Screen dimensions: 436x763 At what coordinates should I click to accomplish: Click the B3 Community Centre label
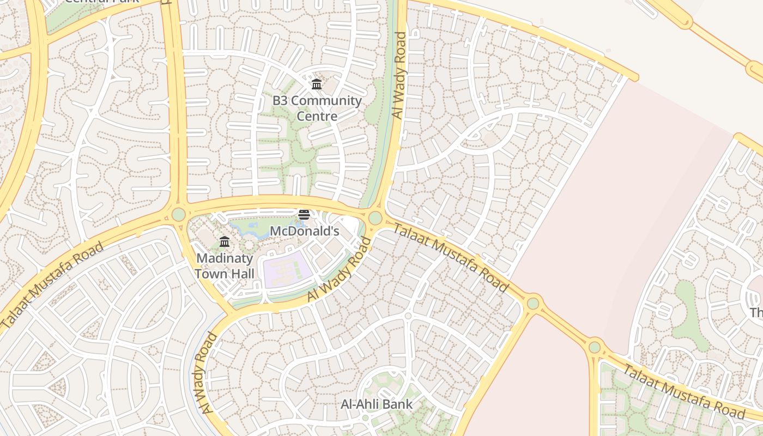click(x=317, y=108)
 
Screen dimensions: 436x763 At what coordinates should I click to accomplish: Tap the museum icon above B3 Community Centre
click(x=317, y=84)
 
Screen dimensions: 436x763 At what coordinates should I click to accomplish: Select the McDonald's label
click(x=305, y=231)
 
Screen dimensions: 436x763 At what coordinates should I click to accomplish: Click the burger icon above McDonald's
click(x=304, y=215)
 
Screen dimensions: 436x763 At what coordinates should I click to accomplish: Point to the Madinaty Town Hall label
click(x=225, y=265)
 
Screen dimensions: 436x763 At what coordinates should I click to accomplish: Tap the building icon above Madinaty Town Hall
click(x=225, y=241)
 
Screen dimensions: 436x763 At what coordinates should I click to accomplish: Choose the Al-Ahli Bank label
click(x=377, y=404)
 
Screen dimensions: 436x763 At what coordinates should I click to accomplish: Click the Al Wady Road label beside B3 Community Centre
click(x=399, y=75)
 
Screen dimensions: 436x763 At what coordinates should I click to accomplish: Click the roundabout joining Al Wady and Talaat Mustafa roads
click(x=375, y=218)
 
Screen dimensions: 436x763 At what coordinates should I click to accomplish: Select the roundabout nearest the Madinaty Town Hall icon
click(x=179, y=214)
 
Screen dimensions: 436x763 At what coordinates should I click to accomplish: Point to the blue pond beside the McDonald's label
click(x=246, y=225)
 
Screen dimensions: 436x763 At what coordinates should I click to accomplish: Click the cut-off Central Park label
click(x=102, y=2)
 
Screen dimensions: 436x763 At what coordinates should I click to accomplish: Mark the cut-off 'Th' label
click(x=756, y=313)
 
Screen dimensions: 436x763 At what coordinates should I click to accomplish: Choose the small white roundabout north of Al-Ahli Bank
click(x=408, y=316)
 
